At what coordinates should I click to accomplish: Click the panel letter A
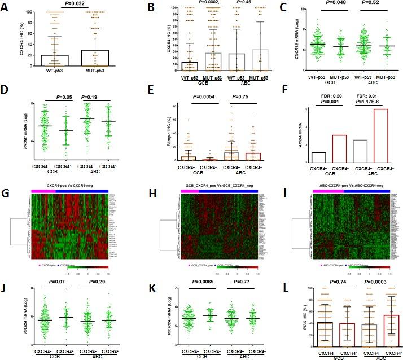[x=7, y=7]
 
